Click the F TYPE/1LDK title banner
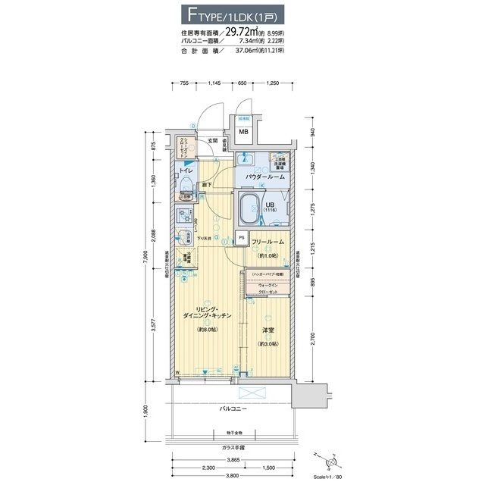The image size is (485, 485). point(242,14)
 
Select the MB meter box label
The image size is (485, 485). point(244,133)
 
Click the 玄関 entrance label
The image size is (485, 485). point(213,140)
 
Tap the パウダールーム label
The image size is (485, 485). point(264,177)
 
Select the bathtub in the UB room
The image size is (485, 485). point(251,205)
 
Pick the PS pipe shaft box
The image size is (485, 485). point(241,237)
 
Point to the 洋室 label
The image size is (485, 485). point(268,330)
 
